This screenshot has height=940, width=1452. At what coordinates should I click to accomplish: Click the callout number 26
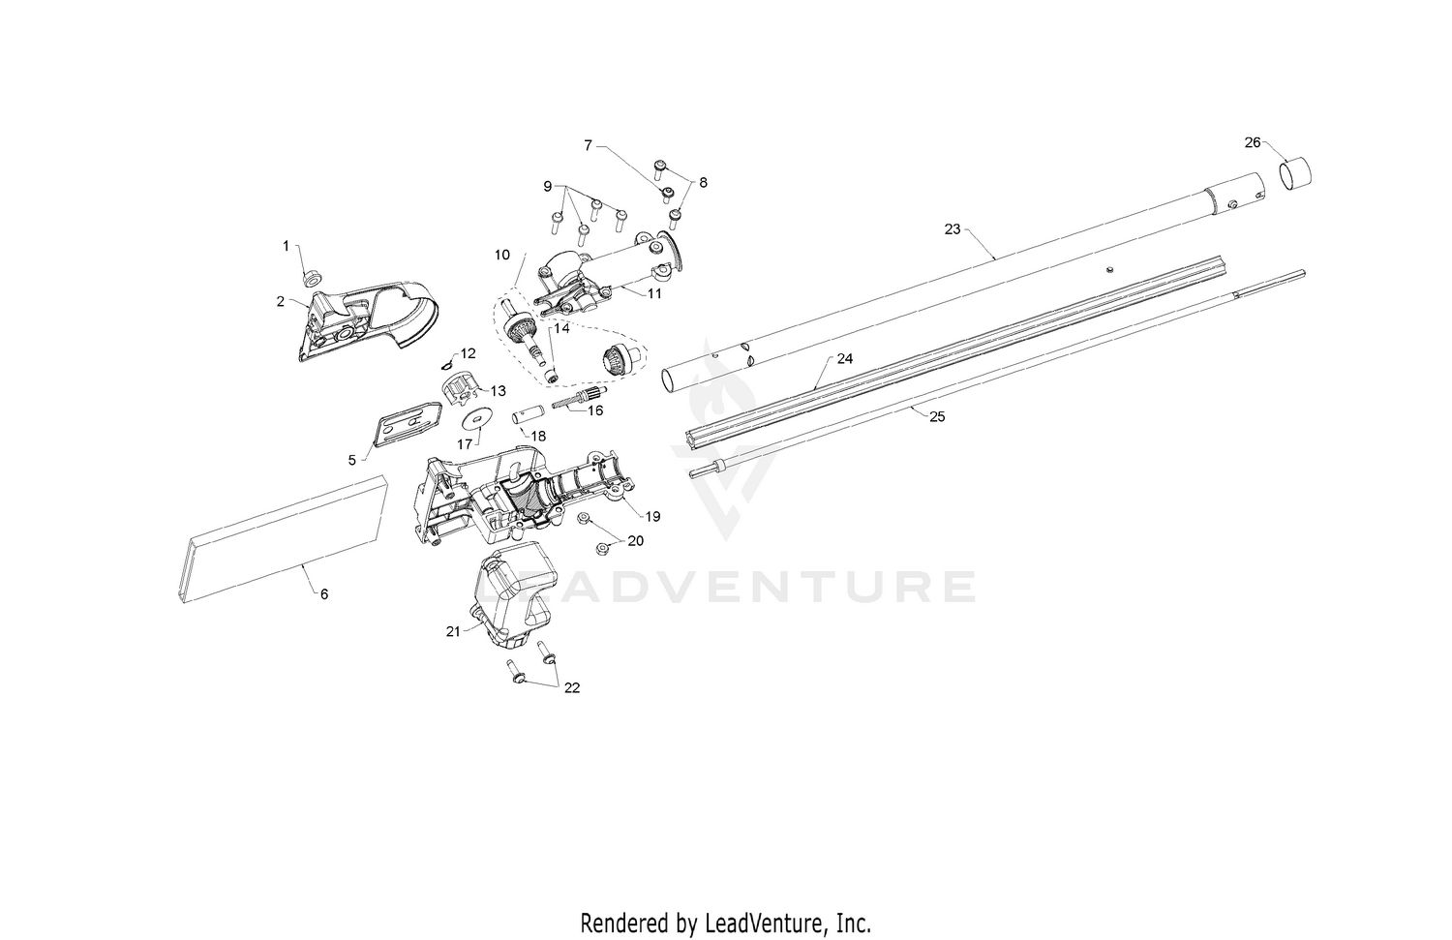(1253, 142)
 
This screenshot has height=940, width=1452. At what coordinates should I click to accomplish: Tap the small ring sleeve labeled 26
(1295, 173)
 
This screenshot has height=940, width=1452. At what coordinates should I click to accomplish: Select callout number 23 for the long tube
(953, 228)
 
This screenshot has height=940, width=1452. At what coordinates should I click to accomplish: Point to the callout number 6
(324, 593)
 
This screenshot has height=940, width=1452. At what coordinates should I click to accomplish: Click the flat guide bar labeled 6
(282, 539)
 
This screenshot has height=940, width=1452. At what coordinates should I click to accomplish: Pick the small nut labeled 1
(313, 278)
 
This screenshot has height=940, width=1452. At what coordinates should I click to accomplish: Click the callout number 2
(280, 301)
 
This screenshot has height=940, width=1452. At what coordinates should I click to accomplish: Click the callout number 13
(498, 391)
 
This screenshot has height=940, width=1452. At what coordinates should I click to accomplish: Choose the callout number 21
(453, 631)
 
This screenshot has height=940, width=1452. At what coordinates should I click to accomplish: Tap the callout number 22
(572, 688)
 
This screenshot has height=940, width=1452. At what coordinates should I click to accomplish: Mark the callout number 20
(635, 540)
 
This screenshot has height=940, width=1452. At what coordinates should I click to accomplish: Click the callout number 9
(548, 187)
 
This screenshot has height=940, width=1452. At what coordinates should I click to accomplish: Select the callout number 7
(588, 145)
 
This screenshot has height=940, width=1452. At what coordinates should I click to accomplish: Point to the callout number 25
(937, 417)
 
